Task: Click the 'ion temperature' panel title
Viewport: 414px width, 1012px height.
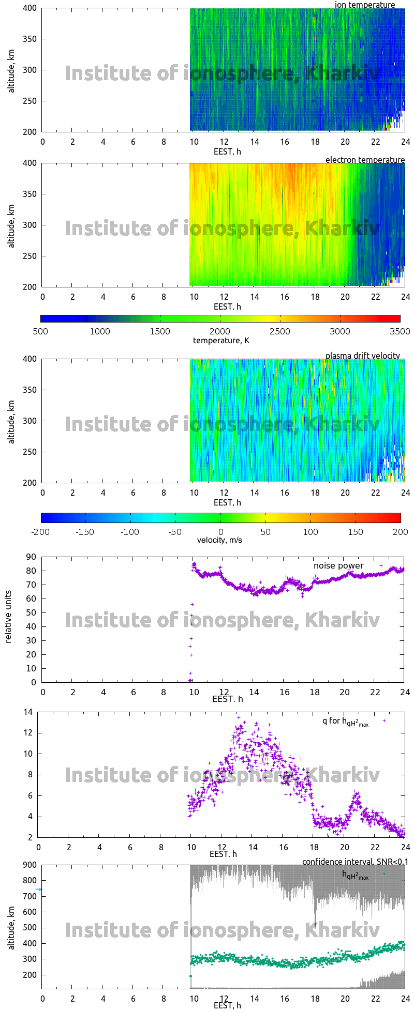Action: point(365,5)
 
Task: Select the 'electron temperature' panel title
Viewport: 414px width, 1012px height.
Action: point(365,160)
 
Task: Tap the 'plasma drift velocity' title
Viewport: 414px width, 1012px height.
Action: point(362,356)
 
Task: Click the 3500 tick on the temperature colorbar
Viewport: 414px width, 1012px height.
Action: point(400,331)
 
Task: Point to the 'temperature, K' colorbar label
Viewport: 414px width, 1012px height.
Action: point(221,340)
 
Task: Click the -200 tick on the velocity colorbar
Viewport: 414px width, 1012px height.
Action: point(40,532)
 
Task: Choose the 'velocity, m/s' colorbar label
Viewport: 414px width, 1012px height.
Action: point(219,540)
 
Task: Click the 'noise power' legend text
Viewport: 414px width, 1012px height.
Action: point(338,565)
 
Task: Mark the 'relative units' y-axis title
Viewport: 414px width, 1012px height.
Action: point(8,619)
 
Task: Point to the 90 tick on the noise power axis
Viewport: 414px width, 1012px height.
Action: point(31,557)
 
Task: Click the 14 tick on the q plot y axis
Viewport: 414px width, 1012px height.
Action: point(27,712)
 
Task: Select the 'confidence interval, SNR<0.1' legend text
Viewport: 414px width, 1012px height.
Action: point(355,862)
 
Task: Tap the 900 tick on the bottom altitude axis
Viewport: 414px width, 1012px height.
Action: point(28,865)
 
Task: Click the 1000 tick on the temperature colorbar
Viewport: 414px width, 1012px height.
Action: point(100,331)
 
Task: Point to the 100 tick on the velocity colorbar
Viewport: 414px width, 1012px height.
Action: point(310,532)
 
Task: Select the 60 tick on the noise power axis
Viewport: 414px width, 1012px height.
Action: point(31,599)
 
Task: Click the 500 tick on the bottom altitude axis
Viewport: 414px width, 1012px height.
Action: point(28,928)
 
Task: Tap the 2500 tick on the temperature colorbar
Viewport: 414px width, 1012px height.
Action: point(280,331)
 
